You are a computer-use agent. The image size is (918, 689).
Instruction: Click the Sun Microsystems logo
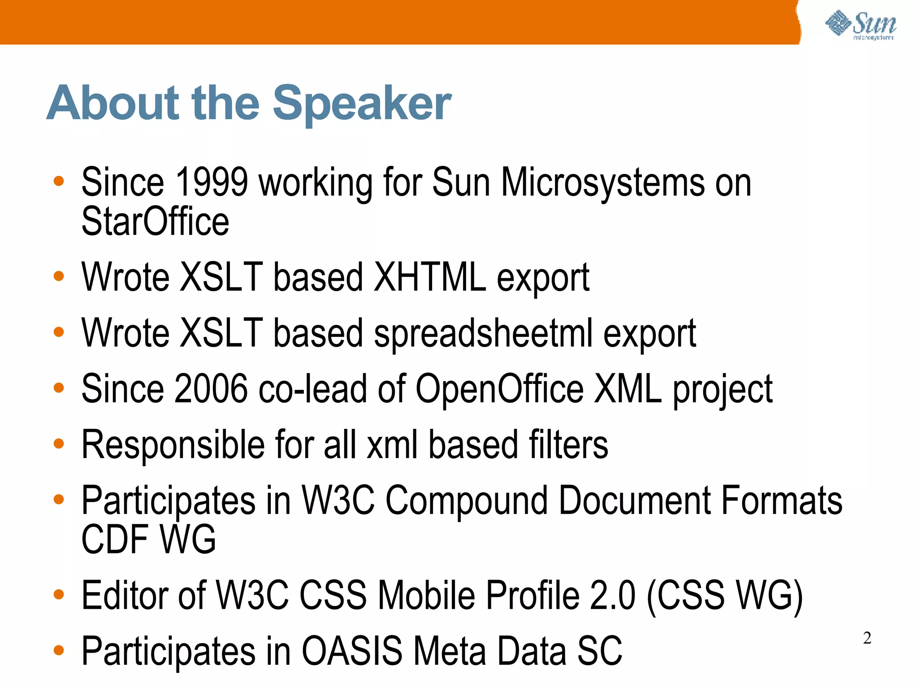coord(861,25)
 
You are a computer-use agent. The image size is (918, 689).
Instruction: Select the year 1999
coord(211,182)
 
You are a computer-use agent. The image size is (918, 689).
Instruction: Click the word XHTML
coord(430,277)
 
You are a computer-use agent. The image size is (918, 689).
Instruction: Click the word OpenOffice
coord(499,388)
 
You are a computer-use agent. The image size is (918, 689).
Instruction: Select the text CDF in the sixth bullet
coord(115,539)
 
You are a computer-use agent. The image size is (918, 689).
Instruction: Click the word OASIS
coord(352,651)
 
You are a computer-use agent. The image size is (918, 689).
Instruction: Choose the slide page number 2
coord(867,638)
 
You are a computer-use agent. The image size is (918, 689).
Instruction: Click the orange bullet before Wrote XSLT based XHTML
coord(59,276)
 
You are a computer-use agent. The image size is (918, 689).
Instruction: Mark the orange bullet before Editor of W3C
coord(59,594)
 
